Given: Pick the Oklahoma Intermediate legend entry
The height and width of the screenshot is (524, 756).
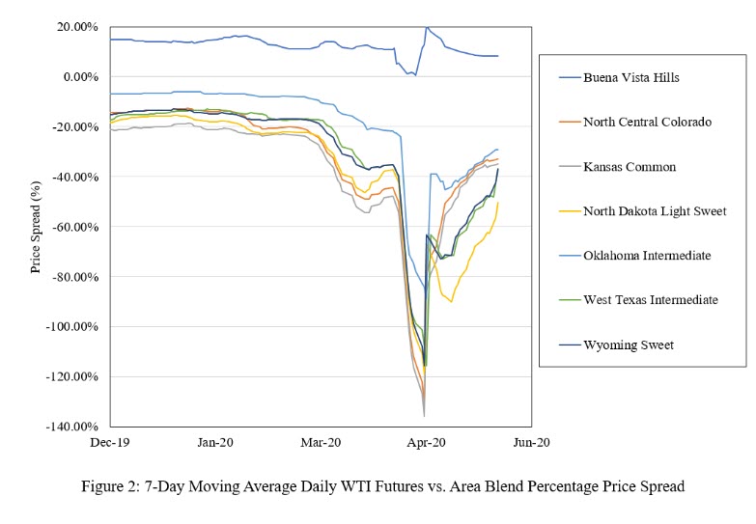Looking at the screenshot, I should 645,255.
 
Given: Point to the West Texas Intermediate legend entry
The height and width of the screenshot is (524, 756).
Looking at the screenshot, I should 650,299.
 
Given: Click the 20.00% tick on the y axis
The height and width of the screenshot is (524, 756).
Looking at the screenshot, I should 76,27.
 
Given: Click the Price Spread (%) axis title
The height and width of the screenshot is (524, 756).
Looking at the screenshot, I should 36,226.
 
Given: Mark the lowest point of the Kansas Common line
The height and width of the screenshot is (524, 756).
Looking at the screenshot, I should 424,416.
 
